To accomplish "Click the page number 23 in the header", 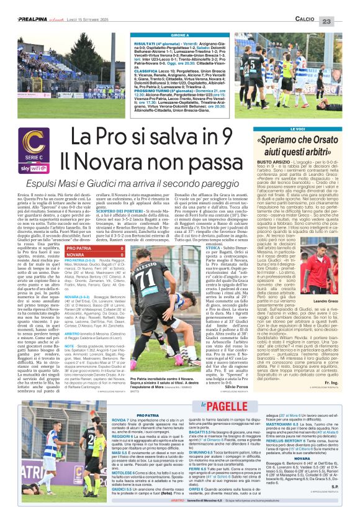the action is (343, 5).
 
